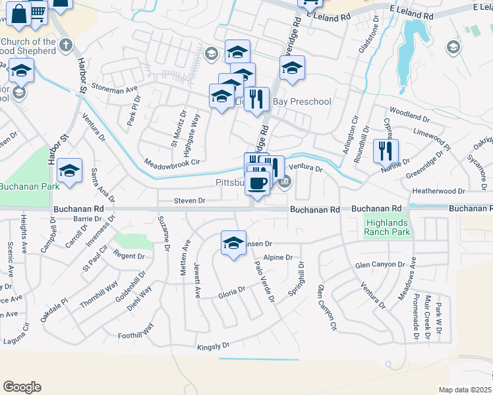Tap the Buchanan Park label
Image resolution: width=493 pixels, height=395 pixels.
click(x=28, y=186)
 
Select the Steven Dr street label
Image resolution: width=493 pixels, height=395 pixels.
click(x=190, y=200)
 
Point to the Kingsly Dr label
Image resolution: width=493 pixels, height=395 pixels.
click(x=213, y=346)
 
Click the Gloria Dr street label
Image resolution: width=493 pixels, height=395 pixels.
click(x=231, y=291)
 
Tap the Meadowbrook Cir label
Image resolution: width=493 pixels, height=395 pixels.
click(x=171, y=163)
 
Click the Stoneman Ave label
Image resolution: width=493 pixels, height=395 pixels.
click(x=115, y=88)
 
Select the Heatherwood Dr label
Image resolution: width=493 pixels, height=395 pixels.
click(x=438, y=191)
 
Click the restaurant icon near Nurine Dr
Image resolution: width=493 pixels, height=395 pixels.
click(x=386, y=151)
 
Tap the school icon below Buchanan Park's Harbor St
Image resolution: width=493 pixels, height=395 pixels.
click(x=69, y=171)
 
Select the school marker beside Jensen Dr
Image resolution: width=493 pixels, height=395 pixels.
click(x=233, y=244)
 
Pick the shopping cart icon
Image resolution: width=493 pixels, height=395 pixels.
click(x=39, y=11)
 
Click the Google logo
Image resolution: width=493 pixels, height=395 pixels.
click(x=22, y=387)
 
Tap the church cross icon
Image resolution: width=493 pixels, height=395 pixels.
click(x=65, y=45)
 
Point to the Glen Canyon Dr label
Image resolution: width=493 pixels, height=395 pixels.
click(x=379, y=265)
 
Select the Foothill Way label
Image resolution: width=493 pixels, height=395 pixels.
click(x=136, y=330)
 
